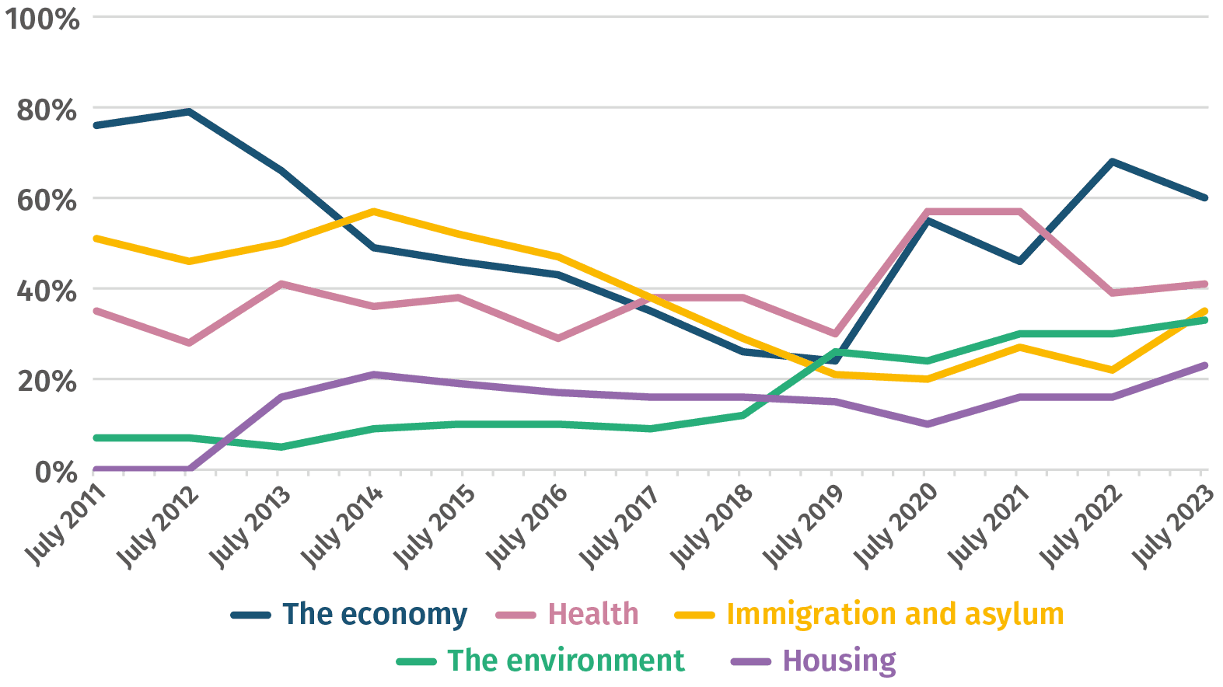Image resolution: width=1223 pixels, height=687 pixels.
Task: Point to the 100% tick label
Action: tap(43, 19)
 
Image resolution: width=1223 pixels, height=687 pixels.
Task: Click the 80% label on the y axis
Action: tap(47, 110)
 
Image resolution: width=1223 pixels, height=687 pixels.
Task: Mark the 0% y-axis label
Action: tap(56, 472)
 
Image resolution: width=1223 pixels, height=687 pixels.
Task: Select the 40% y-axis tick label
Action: tap(47, 291)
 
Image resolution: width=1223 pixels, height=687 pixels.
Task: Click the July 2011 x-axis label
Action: tap(66, 525)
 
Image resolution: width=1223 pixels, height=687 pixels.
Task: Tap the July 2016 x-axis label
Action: tap(527, 525)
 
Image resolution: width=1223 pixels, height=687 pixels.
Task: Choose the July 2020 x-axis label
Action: tap(896, 525)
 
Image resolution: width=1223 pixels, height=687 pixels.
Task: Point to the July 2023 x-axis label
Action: tap(1172, 525)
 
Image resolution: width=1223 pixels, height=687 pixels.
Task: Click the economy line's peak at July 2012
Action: tap(188, 111)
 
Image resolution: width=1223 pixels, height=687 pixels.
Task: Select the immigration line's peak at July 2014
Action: tap(373, 211)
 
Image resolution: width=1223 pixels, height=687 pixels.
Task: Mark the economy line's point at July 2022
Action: tap(1112, 162)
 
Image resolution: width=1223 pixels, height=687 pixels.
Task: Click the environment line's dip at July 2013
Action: tap(281, 447)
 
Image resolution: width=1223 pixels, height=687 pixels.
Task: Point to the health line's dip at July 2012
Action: tap(188, 343)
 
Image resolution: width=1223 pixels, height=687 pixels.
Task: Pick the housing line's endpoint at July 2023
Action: tap(1204, 365)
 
